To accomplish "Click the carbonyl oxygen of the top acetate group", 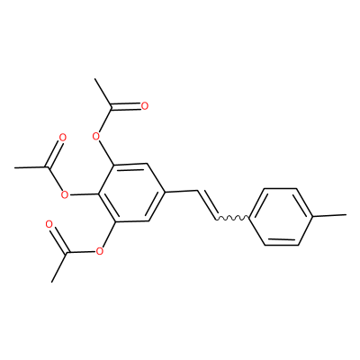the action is click(145, 106).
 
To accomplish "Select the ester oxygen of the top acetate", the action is click(95, 137).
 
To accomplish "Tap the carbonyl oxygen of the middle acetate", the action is click(62, 138).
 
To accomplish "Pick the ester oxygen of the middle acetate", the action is click(64, 195).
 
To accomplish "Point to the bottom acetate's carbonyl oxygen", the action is click(49, 224).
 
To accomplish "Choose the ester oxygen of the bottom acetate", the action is click(99, 251).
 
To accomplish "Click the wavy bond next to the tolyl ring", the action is click(232, 218).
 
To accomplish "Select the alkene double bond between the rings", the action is click(207, 204).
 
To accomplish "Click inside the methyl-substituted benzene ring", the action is click(281, 217).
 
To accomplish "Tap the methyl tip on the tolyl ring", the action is click(346, 215).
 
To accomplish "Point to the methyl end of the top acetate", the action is click(94, 79).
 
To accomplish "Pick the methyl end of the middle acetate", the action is click(15, 167).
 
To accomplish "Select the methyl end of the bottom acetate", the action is click(52, 282).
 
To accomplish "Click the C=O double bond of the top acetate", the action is click(126, 107).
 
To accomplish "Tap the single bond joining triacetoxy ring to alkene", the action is click(181, 192).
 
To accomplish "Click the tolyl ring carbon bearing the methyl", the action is click(313, 216).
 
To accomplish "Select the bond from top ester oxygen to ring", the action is click(106, 153).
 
